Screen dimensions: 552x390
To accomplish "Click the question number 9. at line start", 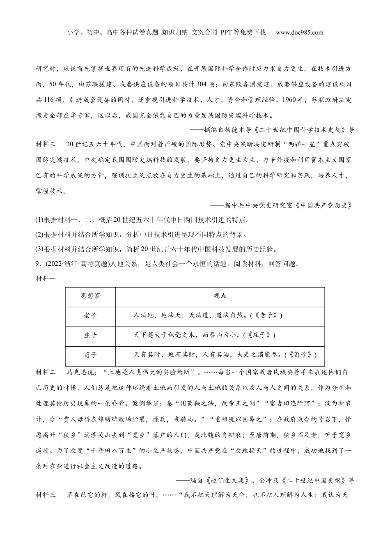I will click(39, 264).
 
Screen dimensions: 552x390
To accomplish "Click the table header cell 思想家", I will click(90, 296).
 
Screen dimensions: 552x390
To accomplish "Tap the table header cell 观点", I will click(220, 296).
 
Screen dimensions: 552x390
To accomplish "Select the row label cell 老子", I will click(90, 315).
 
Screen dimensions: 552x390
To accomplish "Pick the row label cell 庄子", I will click(90, 335).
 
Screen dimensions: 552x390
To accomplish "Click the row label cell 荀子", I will click(90, 354).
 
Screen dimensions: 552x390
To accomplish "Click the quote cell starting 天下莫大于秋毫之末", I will click(204, 335).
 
